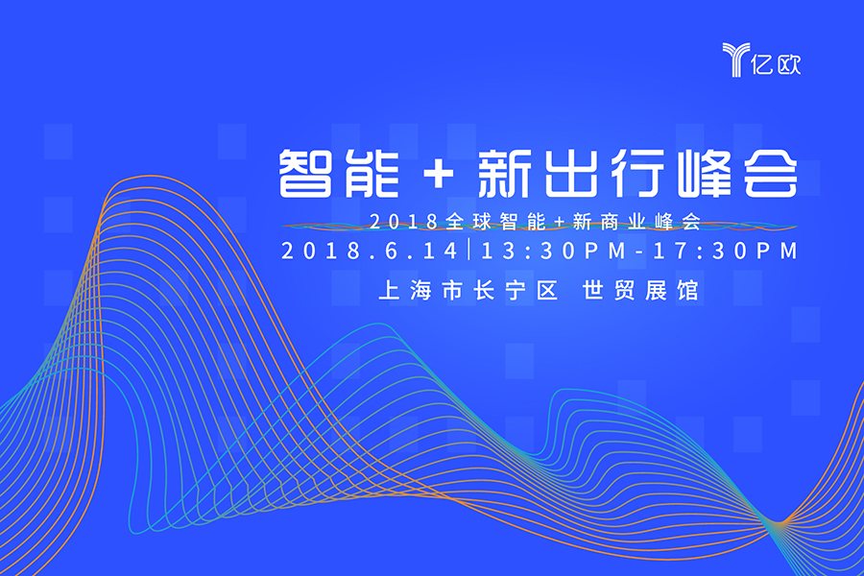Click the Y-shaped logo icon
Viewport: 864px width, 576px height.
pos(735,59)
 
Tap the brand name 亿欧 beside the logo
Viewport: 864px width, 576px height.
pos(776,64)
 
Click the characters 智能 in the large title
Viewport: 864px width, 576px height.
pos(339,174)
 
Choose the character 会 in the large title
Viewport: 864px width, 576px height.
pos(771,174)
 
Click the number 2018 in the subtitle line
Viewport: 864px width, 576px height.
pos(403,222)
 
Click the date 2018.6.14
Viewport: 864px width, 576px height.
pos(370,251)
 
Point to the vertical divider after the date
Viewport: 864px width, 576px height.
pos(469,250)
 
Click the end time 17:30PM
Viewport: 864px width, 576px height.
pos(725,251)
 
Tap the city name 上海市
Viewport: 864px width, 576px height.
pos(420,291)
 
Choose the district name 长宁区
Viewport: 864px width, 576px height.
pos(516,291)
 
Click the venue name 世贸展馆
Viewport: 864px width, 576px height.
pos(641,291)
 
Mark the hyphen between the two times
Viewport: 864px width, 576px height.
pos(639,252)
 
